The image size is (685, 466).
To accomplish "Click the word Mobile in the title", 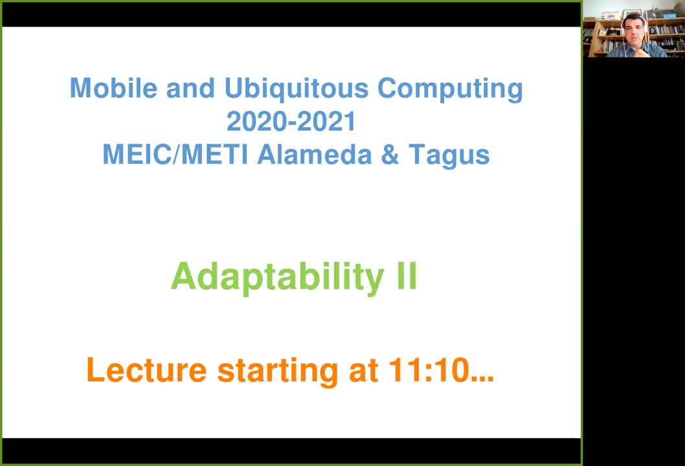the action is click(113, 88).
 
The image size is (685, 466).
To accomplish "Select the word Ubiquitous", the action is click(297, 89).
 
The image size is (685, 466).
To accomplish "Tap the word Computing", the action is click(450, 89).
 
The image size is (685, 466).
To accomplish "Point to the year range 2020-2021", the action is click(291, 121).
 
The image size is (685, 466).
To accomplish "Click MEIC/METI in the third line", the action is click(175, 155).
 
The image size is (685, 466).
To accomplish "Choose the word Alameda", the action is click(315, 155).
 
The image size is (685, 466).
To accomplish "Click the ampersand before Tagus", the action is click(390, 155).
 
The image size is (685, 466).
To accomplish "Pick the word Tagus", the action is click(449, 157).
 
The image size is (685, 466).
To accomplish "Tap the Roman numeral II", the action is click(407, 276).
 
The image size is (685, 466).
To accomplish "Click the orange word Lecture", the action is click(146, 370).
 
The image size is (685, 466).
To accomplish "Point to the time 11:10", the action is click(429, 370).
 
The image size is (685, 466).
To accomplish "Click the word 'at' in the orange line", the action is click(363, 372).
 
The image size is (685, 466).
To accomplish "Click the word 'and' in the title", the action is click(190, 88).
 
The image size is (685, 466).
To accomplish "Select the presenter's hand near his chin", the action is click(638, 51).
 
